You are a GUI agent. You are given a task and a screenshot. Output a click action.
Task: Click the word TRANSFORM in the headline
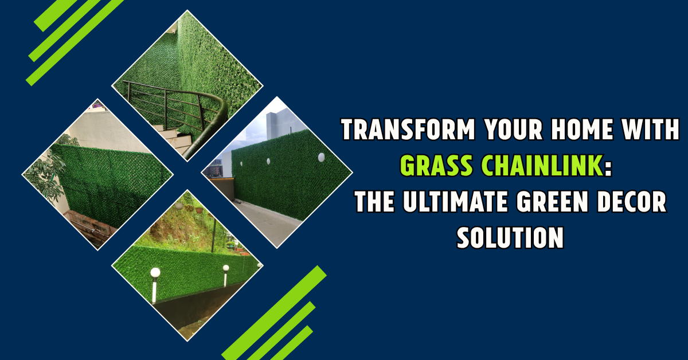tap(408, 130)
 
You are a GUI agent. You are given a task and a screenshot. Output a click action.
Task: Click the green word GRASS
tap(436, 166)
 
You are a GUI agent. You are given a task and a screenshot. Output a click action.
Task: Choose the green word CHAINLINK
tap(542, 166)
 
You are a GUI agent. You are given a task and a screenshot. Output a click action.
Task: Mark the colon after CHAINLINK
tap(608, 167)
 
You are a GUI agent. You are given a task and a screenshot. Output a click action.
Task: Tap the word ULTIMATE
tap(455, 202)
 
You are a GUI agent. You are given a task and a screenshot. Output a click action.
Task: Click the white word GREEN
tap(552, 202)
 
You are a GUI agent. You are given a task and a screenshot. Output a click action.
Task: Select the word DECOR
tap(631, 202)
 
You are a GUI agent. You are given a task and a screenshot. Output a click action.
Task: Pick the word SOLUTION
tap(510, 237)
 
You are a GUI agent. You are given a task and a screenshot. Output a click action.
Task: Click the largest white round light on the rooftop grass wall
tap(321, 157)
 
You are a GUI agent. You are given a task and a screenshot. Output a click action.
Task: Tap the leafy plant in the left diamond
tap(48, 172)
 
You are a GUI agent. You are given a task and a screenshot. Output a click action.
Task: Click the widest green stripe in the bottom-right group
tap(274, 312)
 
